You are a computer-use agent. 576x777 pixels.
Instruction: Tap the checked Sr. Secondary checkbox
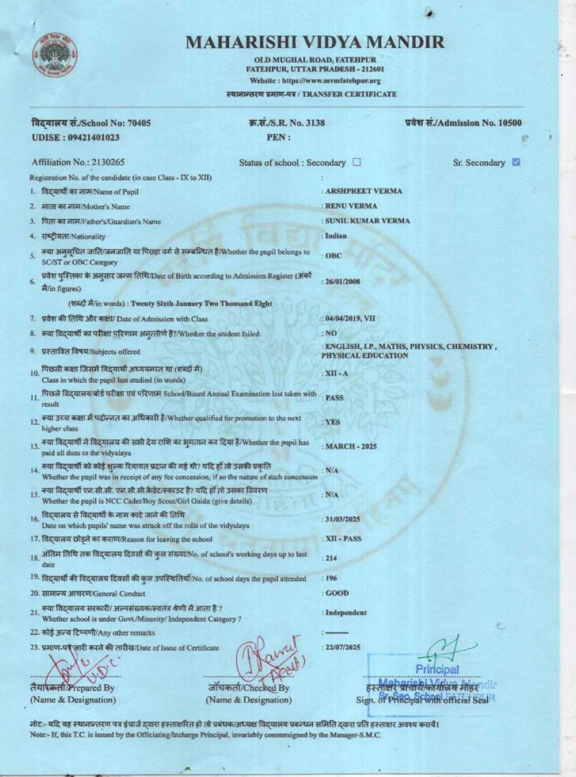(516, 162)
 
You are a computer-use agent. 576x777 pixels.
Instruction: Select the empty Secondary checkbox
(357, 162)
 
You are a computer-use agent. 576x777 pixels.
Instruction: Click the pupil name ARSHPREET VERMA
(364, 191)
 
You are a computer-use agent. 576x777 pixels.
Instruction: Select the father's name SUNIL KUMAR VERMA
(367, 221)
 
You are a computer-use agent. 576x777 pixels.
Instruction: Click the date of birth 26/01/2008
(343, 282)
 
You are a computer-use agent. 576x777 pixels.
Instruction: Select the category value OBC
(334, 256)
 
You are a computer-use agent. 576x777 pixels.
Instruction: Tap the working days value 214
(331, 558)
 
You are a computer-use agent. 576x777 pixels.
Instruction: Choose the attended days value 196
(331, 578)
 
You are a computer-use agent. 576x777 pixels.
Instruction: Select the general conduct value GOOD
(337, 593)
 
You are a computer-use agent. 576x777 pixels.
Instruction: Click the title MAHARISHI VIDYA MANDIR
(315, 42)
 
